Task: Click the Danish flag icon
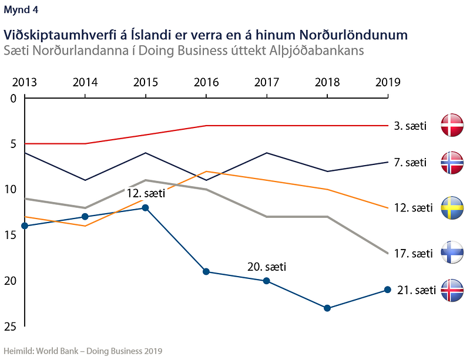(x=452, y=125)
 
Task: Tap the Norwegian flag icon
(x=452, y=163)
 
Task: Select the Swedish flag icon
(x=452, y=208)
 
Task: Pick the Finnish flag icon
(x=452, y=253)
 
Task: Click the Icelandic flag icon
(x=452, y=290)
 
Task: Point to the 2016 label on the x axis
(x=206, y=82)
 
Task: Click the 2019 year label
(x=388, y=82)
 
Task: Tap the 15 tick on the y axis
(x=11, y=235)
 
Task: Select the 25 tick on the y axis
(x=11, y=327)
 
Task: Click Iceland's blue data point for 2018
(x=327, y=308)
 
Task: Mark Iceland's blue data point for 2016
(x=206, y=271)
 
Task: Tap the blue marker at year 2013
(x=25, y=226)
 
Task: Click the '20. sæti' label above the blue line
(x=267, y=267)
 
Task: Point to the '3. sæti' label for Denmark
(x=410, y=126)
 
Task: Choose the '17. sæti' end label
(x=414, y=254)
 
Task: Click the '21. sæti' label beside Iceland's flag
(x=417, y=290)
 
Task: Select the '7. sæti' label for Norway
(x=410, y=163)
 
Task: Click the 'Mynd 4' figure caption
(x=21, y=10)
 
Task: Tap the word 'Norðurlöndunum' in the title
(x=354, y=35)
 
